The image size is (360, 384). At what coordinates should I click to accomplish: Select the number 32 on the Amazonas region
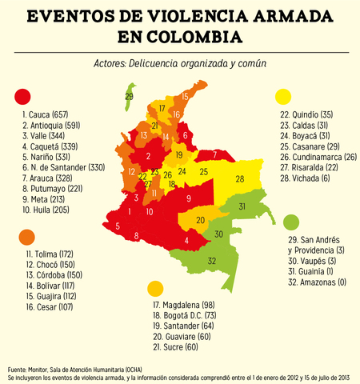pyautogui.click(x=212, y=262)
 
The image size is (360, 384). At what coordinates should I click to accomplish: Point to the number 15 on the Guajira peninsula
pyautogui.click(x=186, y=97)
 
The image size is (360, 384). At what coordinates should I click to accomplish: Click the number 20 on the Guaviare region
pyautogui.click(x=201, y=220)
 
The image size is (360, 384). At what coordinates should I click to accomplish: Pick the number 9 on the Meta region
pyautogui.click(x=188, y=198)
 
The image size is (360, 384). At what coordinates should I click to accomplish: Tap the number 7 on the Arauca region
pyautogui.click(x=214, y=154)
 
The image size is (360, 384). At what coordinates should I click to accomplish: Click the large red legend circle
pyautogui.click(x=23, y=98)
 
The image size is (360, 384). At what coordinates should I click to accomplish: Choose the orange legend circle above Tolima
pyautogui.click(x=27, y=238)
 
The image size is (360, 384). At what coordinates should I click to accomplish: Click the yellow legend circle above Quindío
pyautogui.click(x=282, y=97)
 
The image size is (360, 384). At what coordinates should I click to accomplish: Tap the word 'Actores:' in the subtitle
pyautogui.click(x=109, y=63)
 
